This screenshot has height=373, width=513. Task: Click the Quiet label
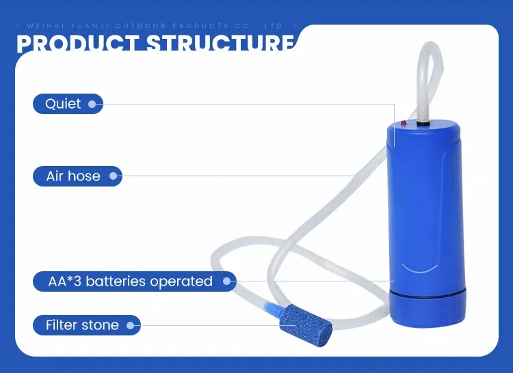(64, 104)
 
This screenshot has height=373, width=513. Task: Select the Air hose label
(73, 176)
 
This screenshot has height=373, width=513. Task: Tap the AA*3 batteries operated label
(130, 281)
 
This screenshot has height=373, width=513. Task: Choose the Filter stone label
(82, 325)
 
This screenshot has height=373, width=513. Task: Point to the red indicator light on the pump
(404, 123)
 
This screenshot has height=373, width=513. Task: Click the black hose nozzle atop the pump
(424, 123)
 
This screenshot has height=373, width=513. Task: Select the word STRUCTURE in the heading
(219, 43)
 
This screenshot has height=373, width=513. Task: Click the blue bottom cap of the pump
(428, 312)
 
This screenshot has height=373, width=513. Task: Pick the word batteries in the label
(114, 281)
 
